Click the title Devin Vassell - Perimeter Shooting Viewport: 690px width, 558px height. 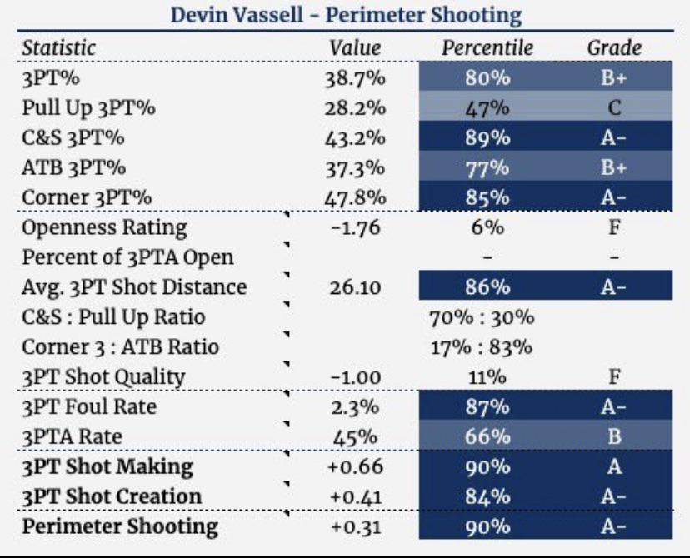tap(345, 15)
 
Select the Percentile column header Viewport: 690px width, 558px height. tap(487, 47)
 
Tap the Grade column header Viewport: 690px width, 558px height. tap(614, 47)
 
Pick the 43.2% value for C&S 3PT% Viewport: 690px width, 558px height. tap(354, 137)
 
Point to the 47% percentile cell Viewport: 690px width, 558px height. tap(487, 108)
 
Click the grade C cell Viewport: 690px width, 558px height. tap(614, 108)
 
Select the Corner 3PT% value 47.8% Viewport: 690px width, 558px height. tap(354, 197)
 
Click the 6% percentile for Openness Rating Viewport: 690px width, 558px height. tap(487, 227)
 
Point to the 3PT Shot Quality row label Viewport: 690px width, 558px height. tap(104, 376)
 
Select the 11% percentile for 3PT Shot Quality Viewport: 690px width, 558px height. tap(487, 377)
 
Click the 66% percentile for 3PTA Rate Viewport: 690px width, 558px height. tap(487, 437)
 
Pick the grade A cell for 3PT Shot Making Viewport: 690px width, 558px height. tap(614, 467)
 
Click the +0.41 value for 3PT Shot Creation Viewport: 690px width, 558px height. tap(357, 496)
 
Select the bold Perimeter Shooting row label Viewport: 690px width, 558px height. tap(120, 526)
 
